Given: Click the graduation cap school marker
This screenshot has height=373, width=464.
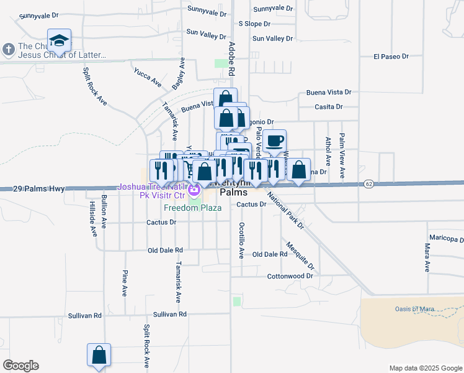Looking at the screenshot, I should [59, 40].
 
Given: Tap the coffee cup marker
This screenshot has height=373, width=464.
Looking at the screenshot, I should [274, 140].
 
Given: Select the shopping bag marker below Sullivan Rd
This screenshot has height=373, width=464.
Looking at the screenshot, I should [99, 356].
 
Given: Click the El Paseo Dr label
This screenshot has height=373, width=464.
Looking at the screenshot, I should [391, 57].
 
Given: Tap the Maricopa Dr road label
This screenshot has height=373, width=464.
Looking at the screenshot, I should [446, 239].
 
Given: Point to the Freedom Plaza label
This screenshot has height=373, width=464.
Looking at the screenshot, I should [193, 208].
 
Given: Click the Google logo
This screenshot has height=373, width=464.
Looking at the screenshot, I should [20, 366].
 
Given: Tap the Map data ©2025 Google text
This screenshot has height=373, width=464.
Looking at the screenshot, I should [425, 368].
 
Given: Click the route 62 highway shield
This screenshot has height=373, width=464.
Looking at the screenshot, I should [368, 183].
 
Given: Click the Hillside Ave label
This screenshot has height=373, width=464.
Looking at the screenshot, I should [93, 219].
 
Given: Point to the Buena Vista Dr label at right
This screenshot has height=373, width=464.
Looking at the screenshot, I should [329, 93].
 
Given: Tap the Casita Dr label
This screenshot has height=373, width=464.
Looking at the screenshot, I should [329, 107].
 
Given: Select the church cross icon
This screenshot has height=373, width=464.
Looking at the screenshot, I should [9, 48].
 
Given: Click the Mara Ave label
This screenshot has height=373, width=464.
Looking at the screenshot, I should [427, 258].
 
